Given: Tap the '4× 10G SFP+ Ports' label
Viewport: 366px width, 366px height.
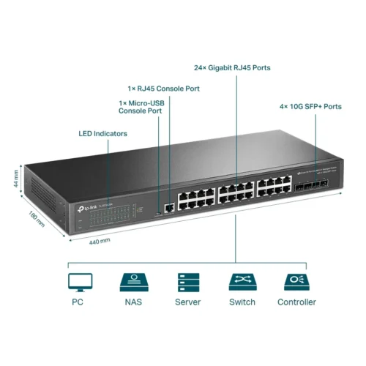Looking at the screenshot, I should [x=311, y=106].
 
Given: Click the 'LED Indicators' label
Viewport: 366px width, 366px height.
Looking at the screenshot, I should [x=102, y=134].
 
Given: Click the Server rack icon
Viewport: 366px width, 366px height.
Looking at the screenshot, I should [x=187, y=282].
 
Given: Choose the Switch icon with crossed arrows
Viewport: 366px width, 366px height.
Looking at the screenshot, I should [x=242, y=282].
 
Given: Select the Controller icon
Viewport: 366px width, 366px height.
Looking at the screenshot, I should [x=296, y=282].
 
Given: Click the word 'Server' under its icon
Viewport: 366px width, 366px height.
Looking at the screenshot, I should [x=187, y=302].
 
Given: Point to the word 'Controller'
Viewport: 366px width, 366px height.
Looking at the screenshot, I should [x=296, y=302].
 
